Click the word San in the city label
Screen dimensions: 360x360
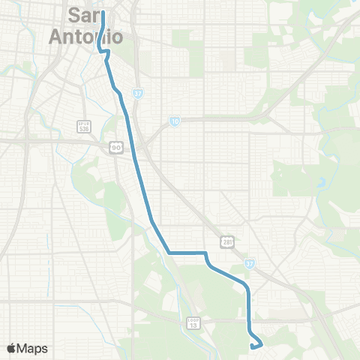[84, 14]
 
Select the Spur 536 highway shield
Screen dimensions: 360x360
[83, 125]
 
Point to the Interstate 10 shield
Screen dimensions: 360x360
[174, 121]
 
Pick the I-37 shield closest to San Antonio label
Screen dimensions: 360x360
[138, 94]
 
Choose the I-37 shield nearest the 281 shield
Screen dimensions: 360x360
[249, 265]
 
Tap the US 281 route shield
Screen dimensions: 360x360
[227, 241]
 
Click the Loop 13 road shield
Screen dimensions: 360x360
[193, 322]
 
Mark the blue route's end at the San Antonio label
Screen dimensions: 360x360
[102, 13]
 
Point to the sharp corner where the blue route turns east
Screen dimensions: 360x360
[169, 253]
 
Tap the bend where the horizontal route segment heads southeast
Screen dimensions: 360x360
[205, 255]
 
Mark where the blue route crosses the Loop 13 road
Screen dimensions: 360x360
[248, 319]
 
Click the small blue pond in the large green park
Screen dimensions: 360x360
[322, 181]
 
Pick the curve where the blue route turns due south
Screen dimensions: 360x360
[247, 289]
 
